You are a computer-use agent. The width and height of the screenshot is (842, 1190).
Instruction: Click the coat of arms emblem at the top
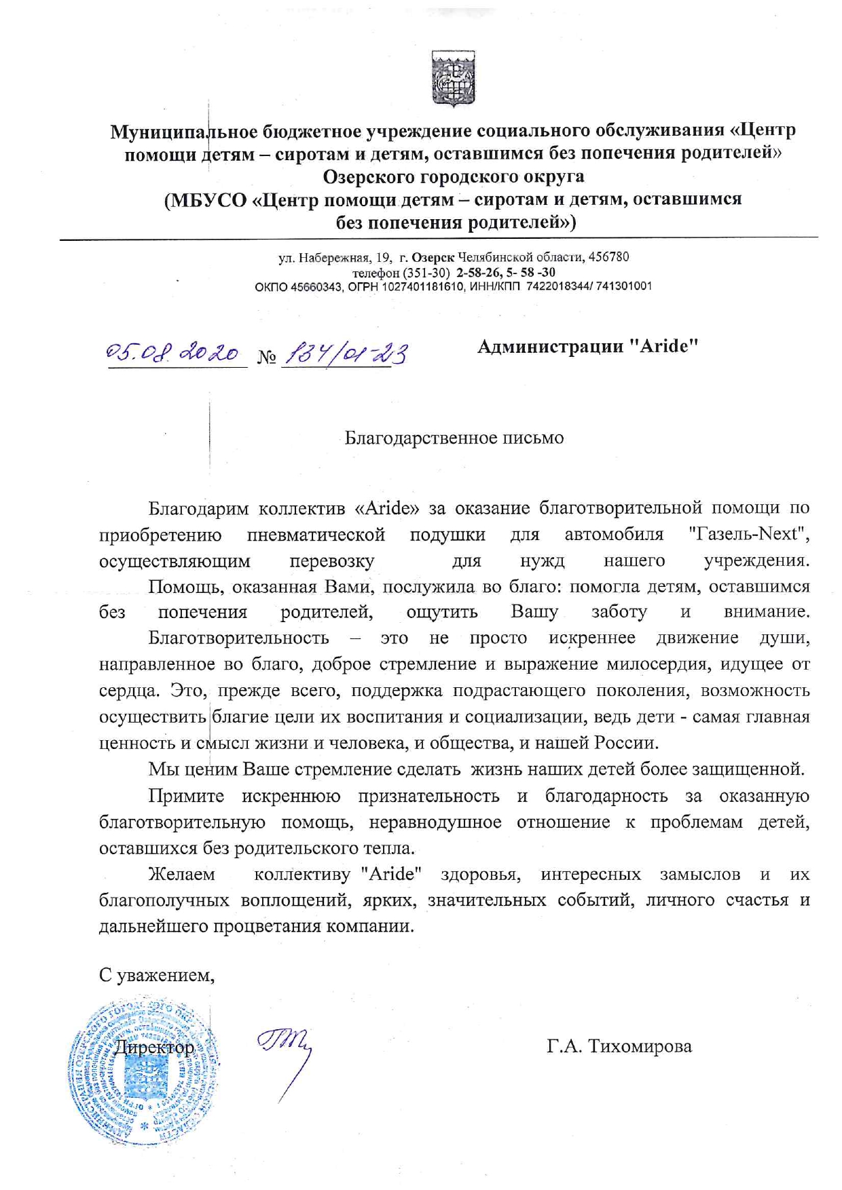454,78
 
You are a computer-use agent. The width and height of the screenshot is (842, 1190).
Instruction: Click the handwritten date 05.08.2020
173,353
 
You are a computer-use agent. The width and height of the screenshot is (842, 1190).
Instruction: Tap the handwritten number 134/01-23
347,353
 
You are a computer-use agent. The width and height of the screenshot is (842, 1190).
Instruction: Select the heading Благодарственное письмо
454,438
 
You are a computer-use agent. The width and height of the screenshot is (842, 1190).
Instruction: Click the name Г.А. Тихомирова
619,1046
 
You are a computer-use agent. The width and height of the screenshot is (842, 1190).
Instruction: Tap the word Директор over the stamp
153,1047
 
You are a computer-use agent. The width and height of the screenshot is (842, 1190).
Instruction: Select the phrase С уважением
157,975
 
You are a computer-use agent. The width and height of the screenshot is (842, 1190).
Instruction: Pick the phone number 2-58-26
479,272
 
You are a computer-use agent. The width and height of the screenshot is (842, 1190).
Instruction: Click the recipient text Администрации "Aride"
588,346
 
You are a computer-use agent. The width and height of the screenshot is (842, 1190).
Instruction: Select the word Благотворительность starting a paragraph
238,638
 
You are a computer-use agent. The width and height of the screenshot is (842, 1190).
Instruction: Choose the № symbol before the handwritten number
267,357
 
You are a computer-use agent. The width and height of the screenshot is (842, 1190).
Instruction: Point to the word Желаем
181,874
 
